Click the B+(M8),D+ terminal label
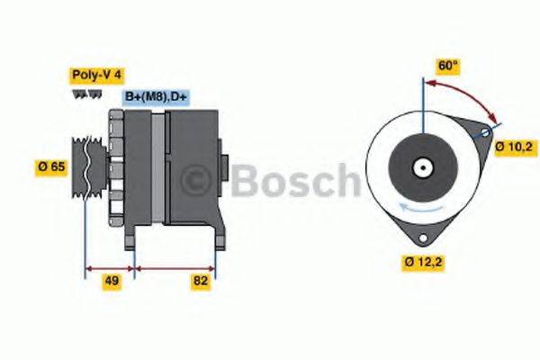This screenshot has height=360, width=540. coord(155,95)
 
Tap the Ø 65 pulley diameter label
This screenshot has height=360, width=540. coord(50,166)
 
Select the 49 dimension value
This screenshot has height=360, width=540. coord(111,282)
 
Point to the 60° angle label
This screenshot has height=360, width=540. coord(447,66)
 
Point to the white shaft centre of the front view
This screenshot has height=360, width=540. coord(420,167)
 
